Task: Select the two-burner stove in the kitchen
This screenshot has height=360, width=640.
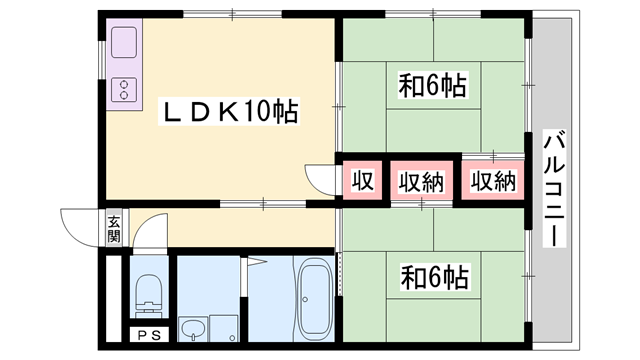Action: coord(125,89)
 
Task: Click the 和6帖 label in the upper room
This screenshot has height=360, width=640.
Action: coord(435,85)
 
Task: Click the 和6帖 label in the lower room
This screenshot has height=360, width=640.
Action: coord(435,274)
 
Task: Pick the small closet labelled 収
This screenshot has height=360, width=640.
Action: coord(362,181)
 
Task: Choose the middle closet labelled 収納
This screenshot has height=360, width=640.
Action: coord(422,181)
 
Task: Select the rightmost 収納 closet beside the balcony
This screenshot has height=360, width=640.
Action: coord(492,181)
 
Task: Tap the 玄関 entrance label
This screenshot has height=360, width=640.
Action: coord(114,229)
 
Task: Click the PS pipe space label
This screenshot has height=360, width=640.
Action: coord(149,335)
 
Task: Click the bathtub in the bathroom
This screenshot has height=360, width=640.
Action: coord(315,297)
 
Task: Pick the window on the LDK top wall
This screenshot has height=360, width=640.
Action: coord(230,14)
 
